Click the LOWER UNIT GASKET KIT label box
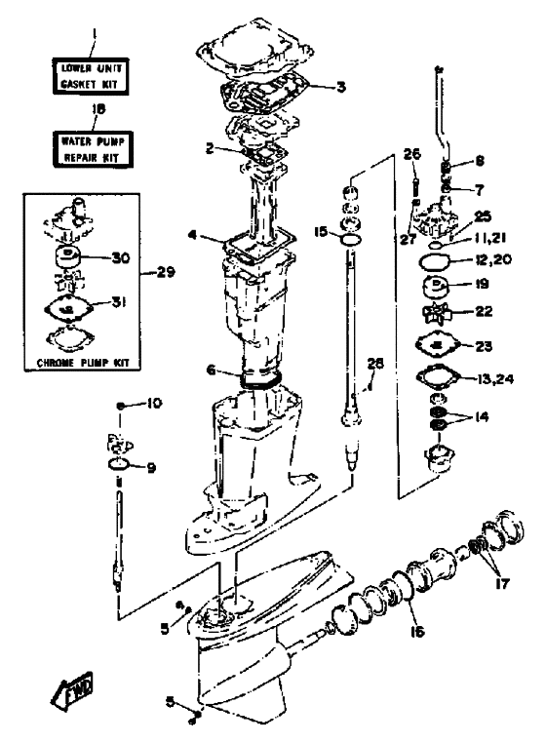[91, 76]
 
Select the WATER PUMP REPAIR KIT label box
[93, 149]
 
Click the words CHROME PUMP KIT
[83, 363]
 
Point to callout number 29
[165, 272]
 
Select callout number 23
[484, 346]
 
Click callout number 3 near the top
[341, 87]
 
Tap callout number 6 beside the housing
[212, 370]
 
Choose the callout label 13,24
[495, 379]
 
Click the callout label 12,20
[493, 259]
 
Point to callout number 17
[502, 583]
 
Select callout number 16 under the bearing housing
[417, 631]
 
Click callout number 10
[154, 404]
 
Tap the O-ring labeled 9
[119, 465]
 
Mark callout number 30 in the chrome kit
[120, 257]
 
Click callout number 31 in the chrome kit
[119, 302]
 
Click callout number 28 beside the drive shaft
[375, 364]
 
